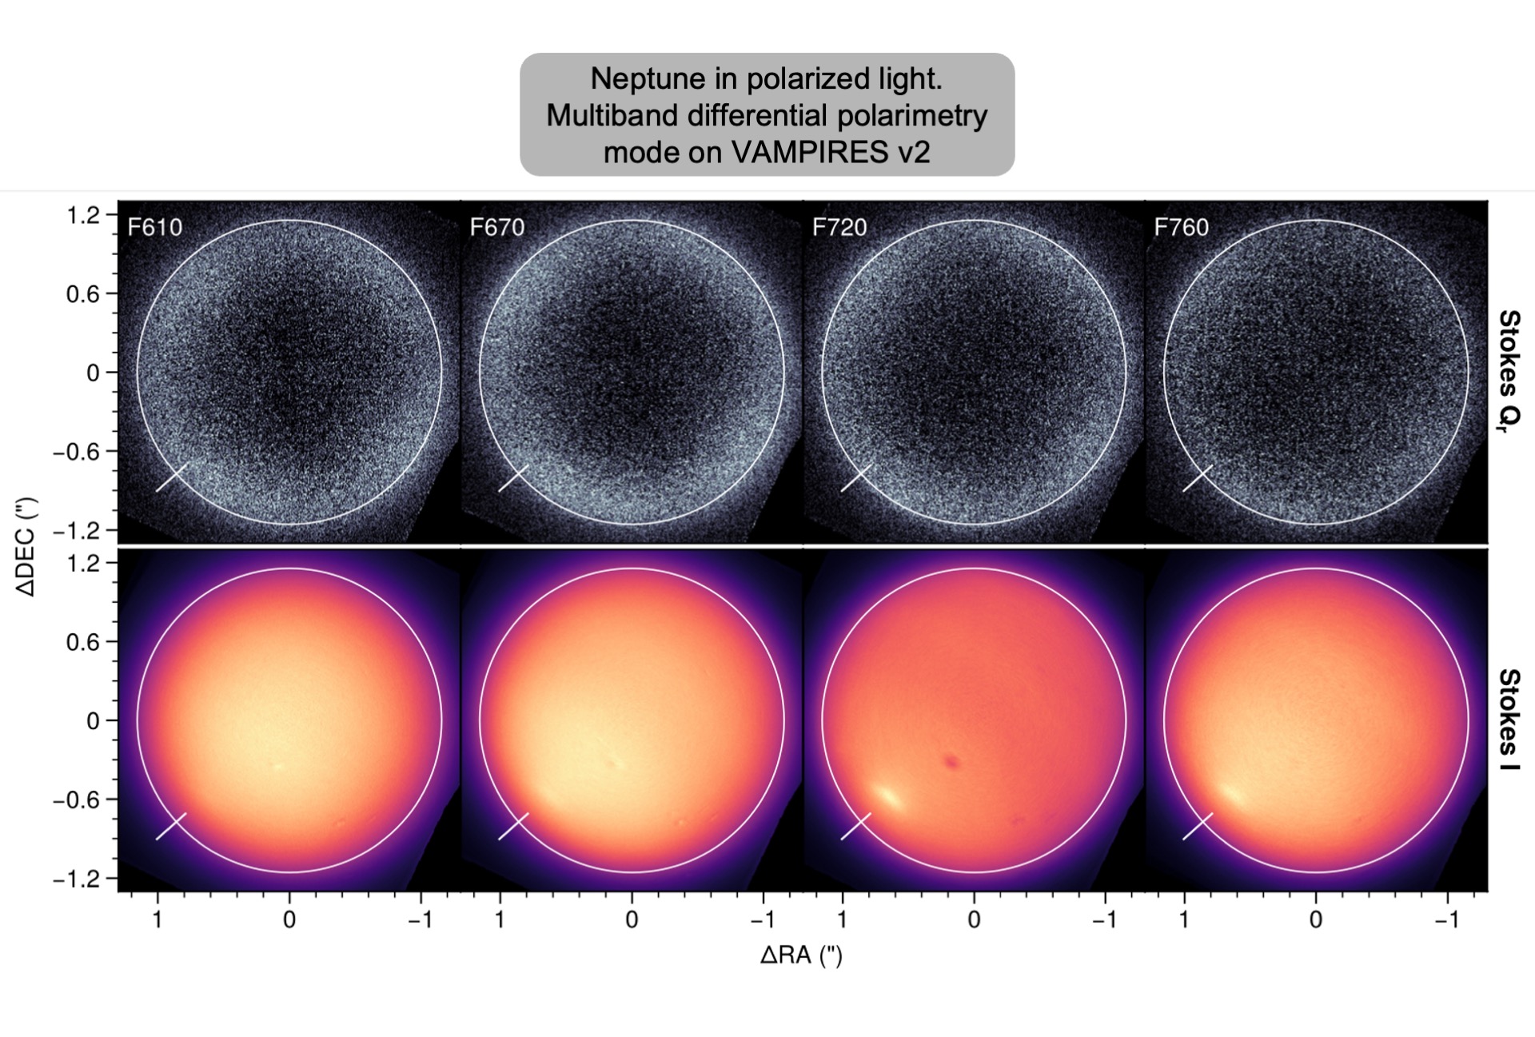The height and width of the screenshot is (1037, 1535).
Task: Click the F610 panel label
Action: (155, 228)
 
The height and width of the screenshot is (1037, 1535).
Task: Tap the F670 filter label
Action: (497, 228)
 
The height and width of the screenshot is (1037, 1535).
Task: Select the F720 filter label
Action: (839, 228)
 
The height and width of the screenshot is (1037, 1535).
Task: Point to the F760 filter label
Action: (1182, 228)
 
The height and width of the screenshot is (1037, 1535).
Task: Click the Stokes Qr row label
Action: (1509, 372)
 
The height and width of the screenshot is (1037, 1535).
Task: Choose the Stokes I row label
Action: (1509, 720)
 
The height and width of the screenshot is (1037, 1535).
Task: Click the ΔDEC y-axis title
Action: (27, 547)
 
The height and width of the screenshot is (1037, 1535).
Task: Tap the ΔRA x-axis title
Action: (801, 955)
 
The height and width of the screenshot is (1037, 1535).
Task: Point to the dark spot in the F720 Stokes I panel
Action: (951, 760)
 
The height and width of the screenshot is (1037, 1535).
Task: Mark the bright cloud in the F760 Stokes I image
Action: (1233, 796)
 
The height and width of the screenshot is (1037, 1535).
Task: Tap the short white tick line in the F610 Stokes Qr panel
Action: (171, 477)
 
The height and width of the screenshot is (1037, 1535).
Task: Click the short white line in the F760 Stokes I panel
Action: (1198, 826)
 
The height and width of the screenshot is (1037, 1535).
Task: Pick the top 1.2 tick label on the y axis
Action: (83, 216)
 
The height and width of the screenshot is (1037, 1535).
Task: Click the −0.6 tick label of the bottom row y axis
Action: (77, 800)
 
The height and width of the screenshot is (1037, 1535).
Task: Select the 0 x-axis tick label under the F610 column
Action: (289, 920)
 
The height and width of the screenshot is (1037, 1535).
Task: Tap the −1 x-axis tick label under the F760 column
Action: (1447, 920)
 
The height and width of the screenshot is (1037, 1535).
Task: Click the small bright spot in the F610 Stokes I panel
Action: (277, 766)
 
